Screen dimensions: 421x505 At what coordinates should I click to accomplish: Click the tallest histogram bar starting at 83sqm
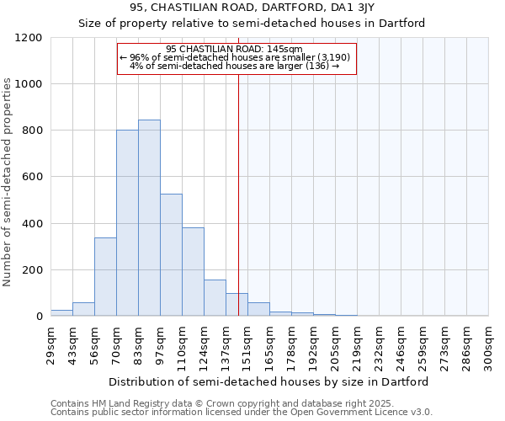click(x=149, y=218)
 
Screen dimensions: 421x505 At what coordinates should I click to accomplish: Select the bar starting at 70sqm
click(x=127, y=223)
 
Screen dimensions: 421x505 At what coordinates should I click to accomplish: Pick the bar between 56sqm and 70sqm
click(x=105, y=277)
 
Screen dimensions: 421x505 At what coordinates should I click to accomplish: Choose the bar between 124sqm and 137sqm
click(x=215, y=298)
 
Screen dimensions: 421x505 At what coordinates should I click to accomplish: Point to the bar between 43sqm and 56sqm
click(x=83, y=309)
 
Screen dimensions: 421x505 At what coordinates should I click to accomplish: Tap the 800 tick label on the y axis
click(x=33, y=131)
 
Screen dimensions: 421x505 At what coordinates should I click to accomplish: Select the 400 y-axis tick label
click(x=33, y=224)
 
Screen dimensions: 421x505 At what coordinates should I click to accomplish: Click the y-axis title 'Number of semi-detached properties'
click(x=8, y=183)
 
